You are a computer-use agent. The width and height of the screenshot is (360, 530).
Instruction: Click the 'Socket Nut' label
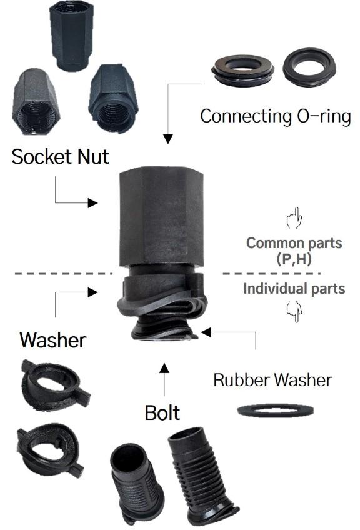(60, 156)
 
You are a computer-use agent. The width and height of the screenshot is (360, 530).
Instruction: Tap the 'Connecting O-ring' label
(276, 116)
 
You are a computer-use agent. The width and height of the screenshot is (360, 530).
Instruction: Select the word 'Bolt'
(162, 412)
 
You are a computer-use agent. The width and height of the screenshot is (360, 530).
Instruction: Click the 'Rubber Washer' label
(272, 380)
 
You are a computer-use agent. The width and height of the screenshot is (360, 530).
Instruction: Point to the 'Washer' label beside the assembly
(52, 340)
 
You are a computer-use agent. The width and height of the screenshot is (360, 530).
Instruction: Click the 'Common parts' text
(294, 243)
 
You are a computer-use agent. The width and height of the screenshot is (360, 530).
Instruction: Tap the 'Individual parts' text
(294, 289)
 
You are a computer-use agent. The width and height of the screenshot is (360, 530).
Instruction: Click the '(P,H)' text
(294, 259)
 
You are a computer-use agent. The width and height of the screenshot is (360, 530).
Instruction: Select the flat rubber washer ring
(276, 411)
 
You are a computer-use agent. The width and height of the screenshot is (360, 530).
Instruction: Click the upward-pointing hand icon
(294, 218)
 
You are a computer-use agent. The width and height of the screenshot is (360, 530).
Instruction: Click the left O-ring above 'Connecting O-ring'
(242, 71)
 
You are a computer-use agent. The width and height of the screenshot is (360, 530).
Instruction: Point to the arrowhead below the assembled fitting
(164, 368)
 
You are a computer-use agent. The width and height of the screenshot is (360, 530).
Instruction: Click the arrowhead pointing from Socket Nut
(92, 202)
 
